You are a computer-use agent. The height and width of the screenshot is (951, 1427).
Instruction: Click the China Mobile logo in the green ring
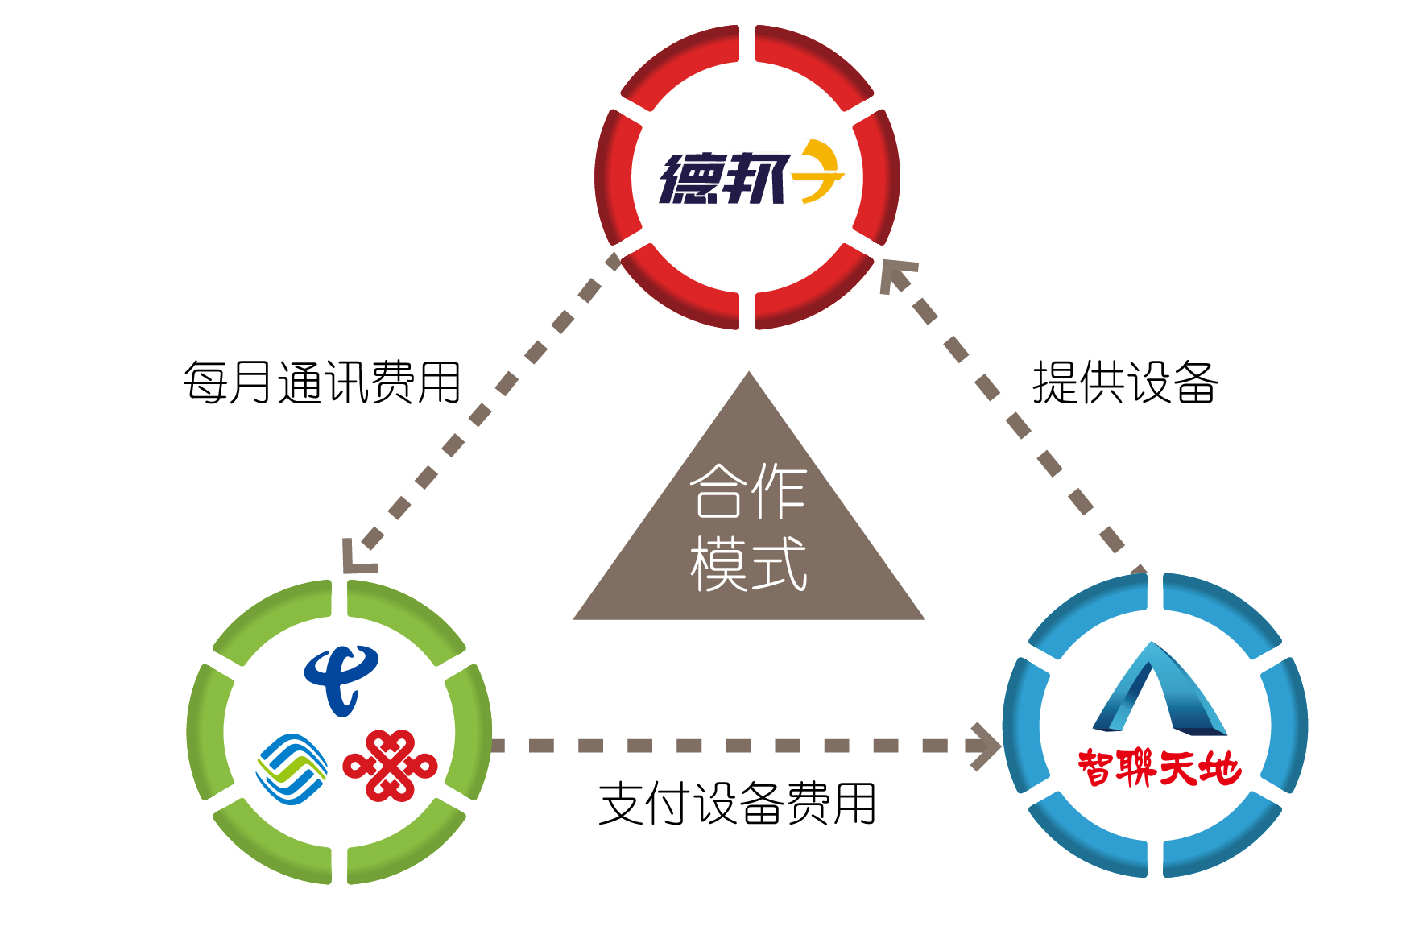point(292,768)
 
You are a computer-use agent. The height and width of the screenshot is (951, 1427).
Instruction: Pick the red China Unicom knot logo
point(390,766)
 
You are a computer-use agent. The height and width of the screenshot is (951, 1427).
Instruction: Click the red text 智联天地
point(1159,767)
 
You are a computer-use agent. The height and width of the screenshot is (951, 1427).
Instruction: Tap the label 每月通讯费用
point(322,382)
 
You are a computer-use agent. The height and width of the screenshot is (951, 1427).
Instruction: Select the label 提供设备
point(1125,382)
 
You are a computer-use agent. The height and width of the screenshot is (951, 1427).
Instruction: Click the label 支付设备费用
point(738,803)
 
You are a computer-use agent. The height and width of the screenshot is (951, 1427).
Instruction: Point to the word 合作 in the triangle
point(748,490)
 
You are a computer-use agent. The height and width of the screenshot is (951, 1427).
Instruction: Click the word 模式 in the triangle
point(748,564)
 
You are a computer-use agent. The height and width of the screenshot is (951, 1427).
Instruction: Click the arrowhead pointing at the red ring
point(895,275)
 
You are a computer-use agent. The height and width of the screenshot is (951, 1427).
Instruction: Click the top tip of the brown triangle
point(749,371)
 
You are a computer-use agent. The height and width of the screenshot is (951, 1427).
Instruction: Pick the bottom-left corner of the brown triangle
point(573,619)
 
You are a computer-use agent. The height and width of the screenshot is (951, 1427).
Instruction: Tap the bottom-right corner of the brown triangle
point(924,619)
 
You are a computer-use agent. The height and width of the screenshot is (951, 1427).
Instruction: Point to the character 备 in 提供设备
point(1195,382)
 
